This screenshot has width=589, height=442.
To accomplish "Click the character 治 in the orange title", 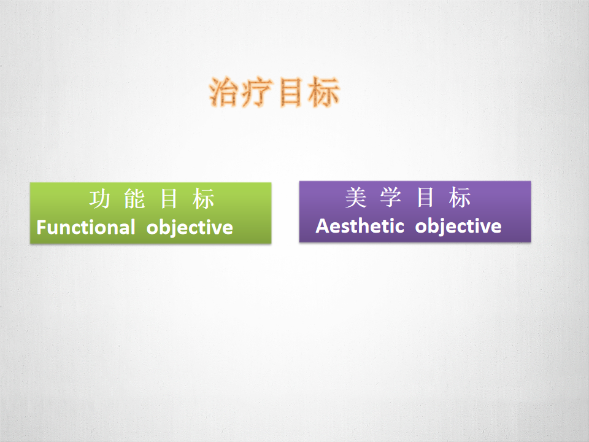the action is point(225,93).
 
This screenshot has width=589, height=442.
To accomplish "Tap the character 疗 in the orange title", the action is point(256,93).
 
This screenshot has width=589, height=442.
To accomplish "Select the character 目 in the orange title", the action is point(290,93).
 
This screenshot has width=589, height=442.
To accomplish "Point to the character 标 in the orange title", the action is point(324,93).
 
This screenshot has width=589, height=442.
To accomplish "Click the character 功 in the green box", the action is point(100,199).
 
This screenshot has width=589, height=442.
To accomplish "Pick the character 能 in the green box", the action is point(134,199).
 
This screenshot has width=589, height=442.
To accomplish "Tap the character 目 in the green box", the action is point(169,199).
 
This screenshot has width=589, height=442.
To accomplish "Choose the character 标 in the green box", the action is point(203,199).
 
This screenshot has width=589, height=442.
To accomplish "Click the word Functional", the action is point(86,227).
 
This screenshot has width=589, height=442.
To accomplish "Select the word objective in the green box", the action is point(190,228).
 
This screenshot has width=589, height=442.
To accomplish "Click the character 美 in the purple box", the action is point(356,197).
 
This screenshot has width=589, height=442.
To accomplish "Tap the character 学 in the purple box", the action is point(391,197).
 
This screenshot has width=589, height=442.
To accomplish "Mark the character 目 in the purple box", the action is point(425,197).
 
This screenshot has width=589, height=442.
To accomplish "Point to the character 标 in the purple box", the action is point(460,197).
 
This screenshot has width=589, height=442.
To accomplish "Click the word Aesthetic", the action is point(360,226).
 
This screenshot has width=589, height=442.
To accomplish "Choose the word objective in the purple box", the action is point(458,227).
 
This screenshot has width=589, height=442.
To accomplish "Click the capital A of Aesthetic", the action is point(322,227).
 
